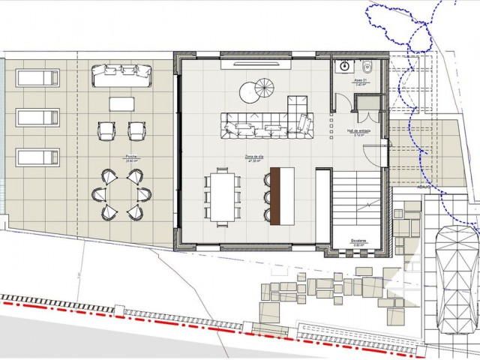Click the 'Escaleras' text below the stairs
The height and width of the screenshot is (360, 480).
[x=358, y=241]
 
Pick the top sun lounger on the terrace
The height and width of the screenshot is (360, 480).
[x=37, y=77]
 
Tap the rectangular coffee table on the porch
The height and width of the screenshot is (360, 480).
[x=122, y=103]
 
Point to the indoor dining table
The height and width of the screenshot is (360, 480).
[x=223, y=196]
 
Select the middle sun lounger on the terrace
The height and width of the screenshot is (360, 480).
[x=37, y=117]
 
